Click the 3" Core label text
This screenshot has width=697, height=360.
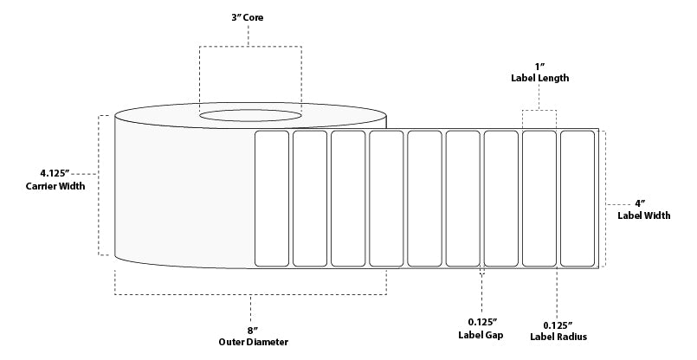[249, 17]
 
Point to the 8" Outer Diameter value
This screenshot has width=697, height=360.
[251, 330]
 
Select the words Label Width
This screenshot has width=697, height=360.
[643, 215]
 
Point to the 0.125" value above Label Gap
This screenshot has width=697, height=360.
[481, 322]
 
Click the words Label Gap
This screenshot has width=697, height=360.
[481, 335]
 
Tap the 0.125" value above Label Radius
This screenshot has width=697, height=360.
[557, 322]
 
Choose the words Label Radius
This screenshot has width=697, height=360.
[557, 335]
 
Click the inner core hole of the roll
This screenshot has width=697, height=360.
[250, 113]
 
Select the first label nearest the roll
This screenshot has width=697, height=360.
[272, 198]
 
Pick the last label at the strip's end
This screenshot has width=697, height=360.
[577, 198]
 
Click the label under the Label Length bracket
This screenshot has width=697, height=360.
[539, 198]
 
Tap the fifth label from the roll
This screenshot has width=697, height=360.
[424, 198]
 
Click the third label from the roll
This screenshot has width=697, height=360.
[348, 198]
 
